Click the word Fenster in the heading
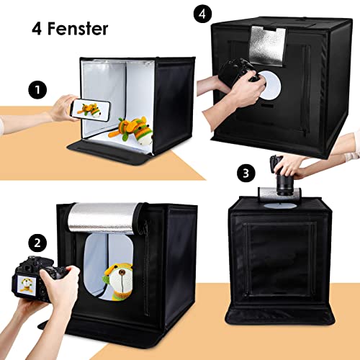(x=79, y=30)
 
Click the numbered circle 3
(x=246, y=173)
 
